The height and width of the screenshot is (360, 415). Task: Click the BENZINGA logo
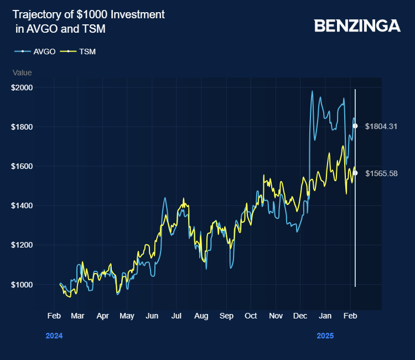(x=357, y=25)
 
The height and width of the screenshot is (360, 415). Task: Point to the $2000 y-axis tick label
(x=22, y=88)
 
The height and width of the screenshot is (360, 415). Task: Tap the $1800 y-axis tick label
(x=22, y=127)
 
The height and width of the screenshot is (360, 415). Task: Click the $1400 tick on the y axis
(x=22, y=205)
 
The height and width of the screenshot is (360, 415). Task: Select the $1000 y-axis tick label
(x=22, y=285)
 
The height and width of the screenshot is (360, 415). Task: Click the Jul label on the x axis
(x=176, y=316)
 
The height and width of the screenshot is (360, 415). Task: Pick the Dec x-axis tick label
(x=299, y=316)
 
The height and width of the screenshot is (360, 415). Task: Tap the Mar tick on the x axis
(x=77, y=316)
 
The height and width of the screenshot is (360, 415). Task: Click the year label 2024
(x=54, y=336)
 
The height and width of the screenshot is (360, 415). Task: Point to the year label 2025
(x=325, y=336)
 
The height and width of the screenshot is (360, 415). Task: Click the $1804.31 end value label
(x=381, y=126)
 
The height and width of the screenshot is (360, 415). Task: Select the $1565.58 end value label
(x=381, y=173)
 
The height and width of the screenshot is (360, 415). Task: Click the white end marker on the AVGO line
(x=355, y=126)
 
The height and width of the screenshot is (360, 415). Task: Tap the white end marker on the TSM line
(x=355, y=173)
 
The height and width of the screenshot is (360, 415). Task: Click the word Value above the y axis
(x=22, y=73)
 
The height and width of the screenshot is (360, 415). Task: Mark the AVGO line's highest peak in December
(x=312, y=91)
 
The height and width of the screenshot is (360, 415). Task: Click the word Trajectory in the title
(x=35, y=14)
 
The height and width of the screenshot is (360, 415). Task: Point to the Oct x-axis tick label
(x=250, y=316)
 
